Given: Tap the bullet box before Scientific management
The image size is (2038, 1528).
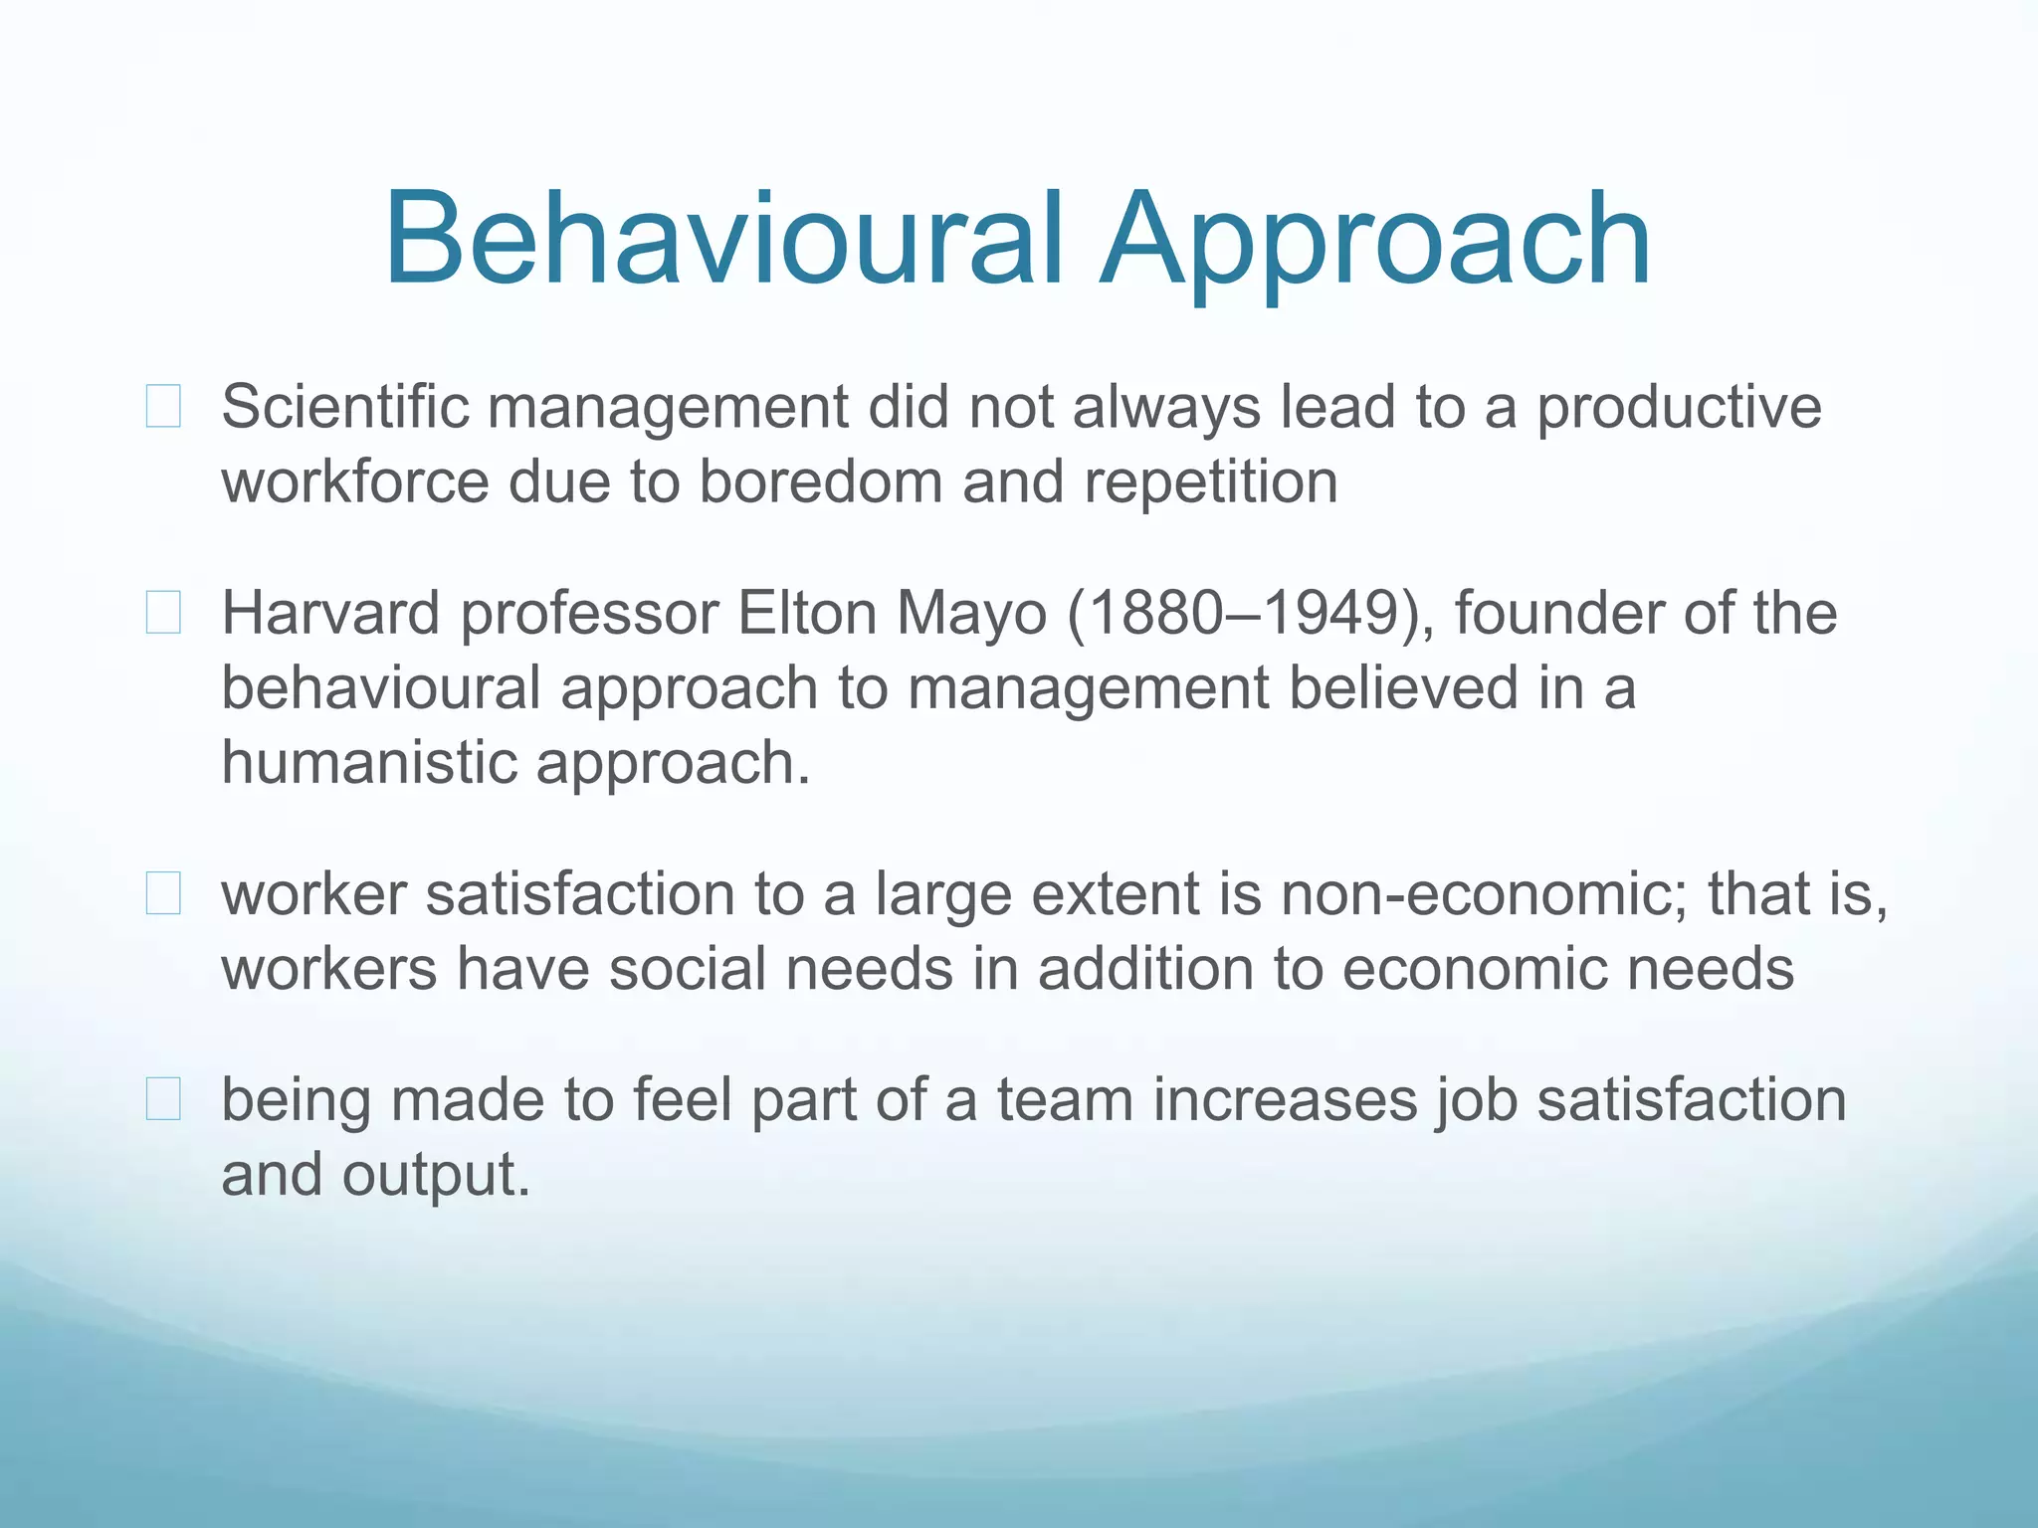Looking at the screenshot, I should (x=163, y=407).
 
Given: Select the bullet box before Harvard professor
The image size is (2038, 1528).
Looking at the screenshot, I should (x=163, y=613).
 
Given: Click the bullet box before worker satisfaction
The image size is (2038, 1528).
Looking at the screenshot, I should (x=163, y=893).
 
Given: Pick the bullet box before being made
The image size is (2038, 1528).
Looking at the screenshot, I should (x=163, y=1099).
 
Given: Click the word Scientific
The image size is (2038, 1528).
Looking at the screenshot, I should (x=344, y=407).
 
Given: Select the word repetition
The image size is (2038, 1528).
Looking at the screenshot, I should (x=1210, y=483).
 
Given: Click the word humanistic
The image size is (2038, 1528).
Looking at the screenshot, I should (x=368, y=763).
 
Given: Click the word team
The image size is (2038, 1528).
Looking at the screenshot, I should (x=1065, y=1100).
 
